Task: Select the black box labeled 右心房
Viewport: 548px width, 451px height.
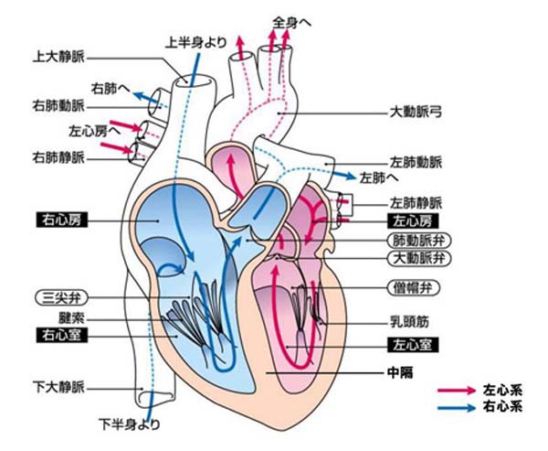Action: click(58, 220)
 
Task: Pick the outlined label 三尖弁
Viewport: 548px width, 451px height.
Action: click(58, 297)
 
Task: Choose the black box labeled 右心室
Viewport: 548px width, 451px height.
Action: click(58, 334)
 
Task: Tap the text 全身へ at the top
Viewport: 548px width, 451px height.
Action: click(291, 19)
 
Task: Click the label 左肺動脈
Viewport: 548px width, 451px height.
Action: click(416, 161)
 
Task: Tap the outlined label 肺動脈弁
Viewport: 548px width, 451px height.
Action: click(416, 240)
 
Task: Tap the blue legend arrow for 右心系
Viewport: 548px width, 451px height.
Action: click(457, 406)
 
